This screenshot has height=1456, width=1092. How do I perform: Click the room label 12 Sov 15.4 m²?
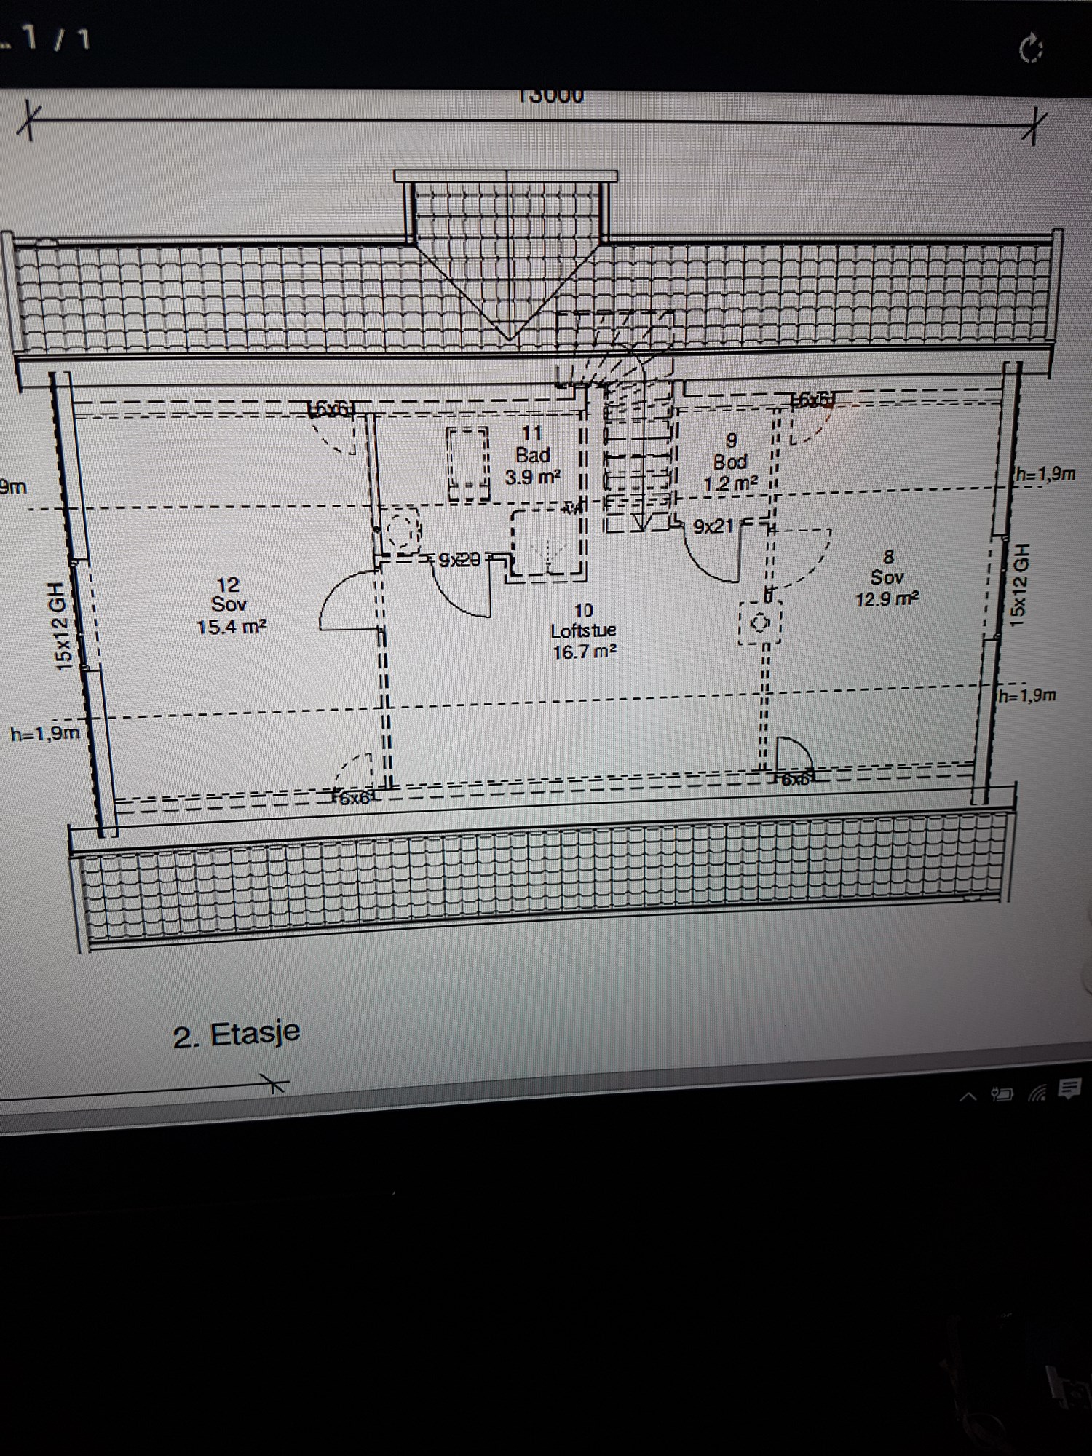click(230, 606)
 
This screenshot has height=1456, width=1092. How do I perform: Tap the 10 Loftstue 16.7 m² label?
click(583, 631)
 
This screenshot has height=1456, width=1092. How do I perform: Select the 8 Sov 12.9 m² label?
click(887, 578)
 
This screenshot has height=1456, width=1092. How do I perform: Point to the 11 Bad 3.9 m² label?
click(532, 456)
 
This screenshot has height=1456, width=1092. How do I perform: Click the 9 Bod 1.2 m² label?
click(730, 462)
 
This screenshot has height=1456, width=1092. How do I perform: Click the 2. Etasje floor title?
click(237, 1034)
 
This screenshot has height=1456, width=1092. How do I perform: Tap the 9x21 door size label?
click(713, 526)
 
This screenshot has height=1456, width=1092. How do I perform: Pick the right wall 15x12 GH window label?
click(1020, 584)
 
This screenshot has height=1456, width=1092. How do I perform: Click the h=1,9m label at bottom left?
click(45, 733)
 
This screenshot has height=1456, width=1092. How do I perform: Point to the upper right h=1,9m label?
click(1045, 475)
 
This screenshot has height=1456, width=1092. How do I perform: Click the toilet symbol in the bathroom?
click(400, 531)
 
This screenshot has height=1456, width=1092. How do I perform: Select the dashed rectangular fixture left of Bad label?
click(468, 464)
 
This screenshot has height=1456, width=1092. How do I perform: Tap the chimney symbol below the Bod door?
click(760, 623)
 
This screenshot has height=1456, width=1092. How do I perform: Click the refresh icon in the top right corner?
click(1031, 50)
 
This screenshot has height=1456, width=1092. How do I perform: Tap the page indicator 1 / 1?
click(55, 39)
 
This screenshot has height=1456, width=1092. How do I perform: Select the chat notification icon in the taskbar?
click(1069, 1089)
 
